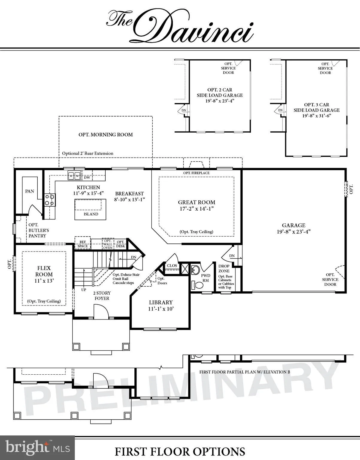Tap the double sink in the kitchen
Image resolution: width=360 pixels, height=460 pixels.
(74, 175)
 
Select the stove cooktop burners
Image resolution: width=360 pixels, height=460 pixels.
(50, 200)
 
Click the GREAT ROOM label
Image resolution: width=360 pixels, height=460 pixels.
(197, 202)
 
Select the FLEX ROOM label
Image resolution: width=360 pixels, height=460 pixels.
(44, 271)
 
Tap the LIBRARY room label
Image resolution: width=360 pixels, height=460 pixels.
(161, 302)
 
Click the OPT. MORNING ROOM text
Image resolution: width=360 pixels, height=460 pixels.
(106, 135)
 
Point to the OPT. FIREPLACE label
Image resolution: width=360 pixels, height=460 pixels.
(196, 173)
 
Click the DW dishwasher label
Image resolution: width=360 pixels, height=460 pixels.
(87, 178)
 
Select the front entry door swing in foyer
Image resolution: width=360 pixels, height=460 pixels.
(101, 311)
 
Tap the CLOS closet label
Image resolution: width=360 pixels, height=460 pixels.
(172, 266)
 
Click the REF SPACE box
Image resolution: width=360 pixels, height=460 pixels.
(83, 244)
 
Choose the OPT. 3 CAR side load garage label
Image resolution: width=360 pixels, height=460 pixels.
(316, 107)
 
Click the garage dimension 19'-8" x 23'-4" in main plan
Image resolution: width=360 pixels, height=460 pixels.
(294, 231)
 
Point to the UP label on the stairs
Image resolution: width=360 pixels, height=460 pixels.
(84, 290)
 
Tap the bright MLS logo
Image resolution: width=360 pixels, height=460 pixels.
(37, 448)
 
